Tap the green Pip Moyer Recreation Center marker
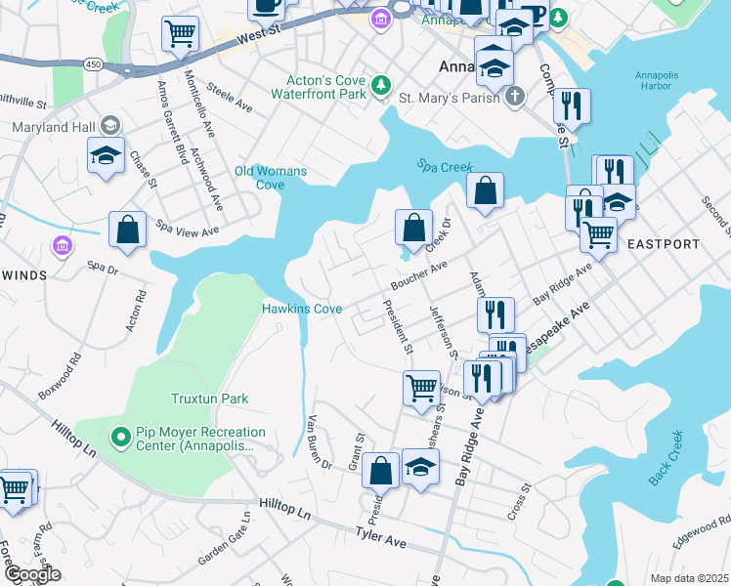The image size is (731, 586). (x=120, y=436)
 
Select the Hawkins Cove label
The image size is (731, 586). (x=302, y=309)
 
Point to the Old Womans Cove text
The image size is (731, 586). (x=271, y=178)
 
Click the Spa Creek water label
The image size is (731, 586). (x=445, y=167)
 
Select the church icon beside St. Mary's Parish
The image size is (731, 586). (x=517, y=98)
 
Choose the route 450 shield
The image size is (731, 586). (x=93, y=63)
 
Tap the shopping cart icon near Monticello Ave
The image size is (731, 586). (x=181, y=35)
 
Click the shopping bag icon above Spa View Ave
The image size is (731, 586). (x=128, y=230)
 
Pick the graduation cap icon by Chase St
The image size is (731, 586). (x=106, y=155)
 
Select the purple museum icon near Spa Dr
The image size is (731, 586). (x=64, y=245)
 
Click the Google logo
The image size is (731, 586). (x=31, y=574)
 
